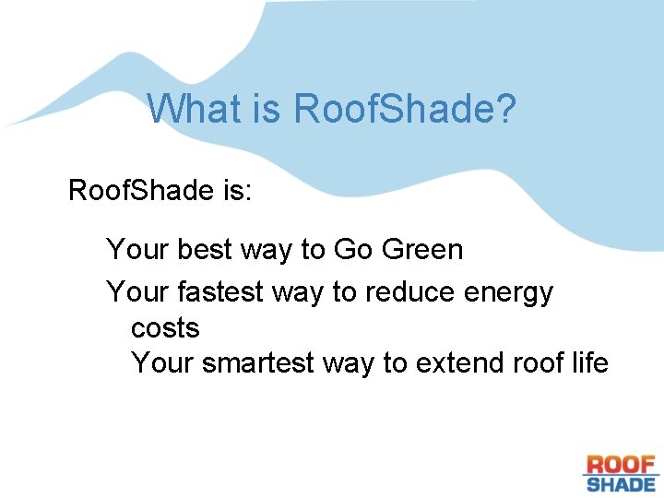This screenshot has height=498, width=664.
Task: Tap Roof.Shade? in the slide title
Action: pos(405,109)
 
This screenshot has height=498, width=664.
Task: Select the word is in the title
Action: pos(265,109)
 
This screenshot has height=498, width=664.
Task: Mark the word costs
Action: pos(165,327)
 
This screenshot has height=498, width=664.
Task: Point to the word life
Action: pos(588,362)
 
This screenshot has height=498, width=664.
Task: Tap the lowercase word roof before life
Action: pos(536,362)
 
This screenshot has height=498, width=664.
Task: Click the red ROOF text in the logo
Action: pos(621,465)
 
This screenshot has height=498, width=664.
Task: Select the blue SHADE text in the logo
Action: pos(621,483)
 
